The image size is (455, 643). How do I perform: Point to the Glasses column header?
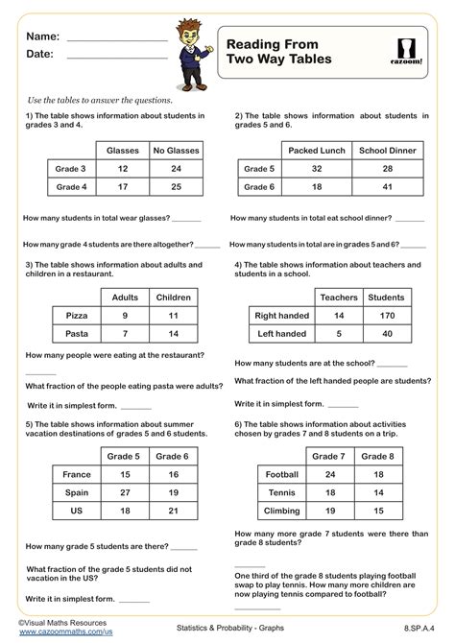coord(122,150)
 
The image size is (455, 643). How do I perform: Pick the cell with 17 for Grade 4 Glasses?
coord(122,187)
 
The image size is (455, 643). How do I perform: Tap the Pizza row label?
coord(78,314)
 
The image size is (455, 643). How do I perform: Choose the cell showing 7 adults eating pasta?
coord(126,333)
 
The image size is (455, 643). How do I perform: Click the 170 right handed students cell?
coord(386,314)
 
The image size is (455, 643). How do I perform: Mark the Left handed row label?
coord(280,333)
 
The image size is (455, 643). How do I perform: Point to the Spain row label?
coord(77,492)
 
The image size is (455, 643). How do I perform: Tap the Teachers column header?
coord(338,297)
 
